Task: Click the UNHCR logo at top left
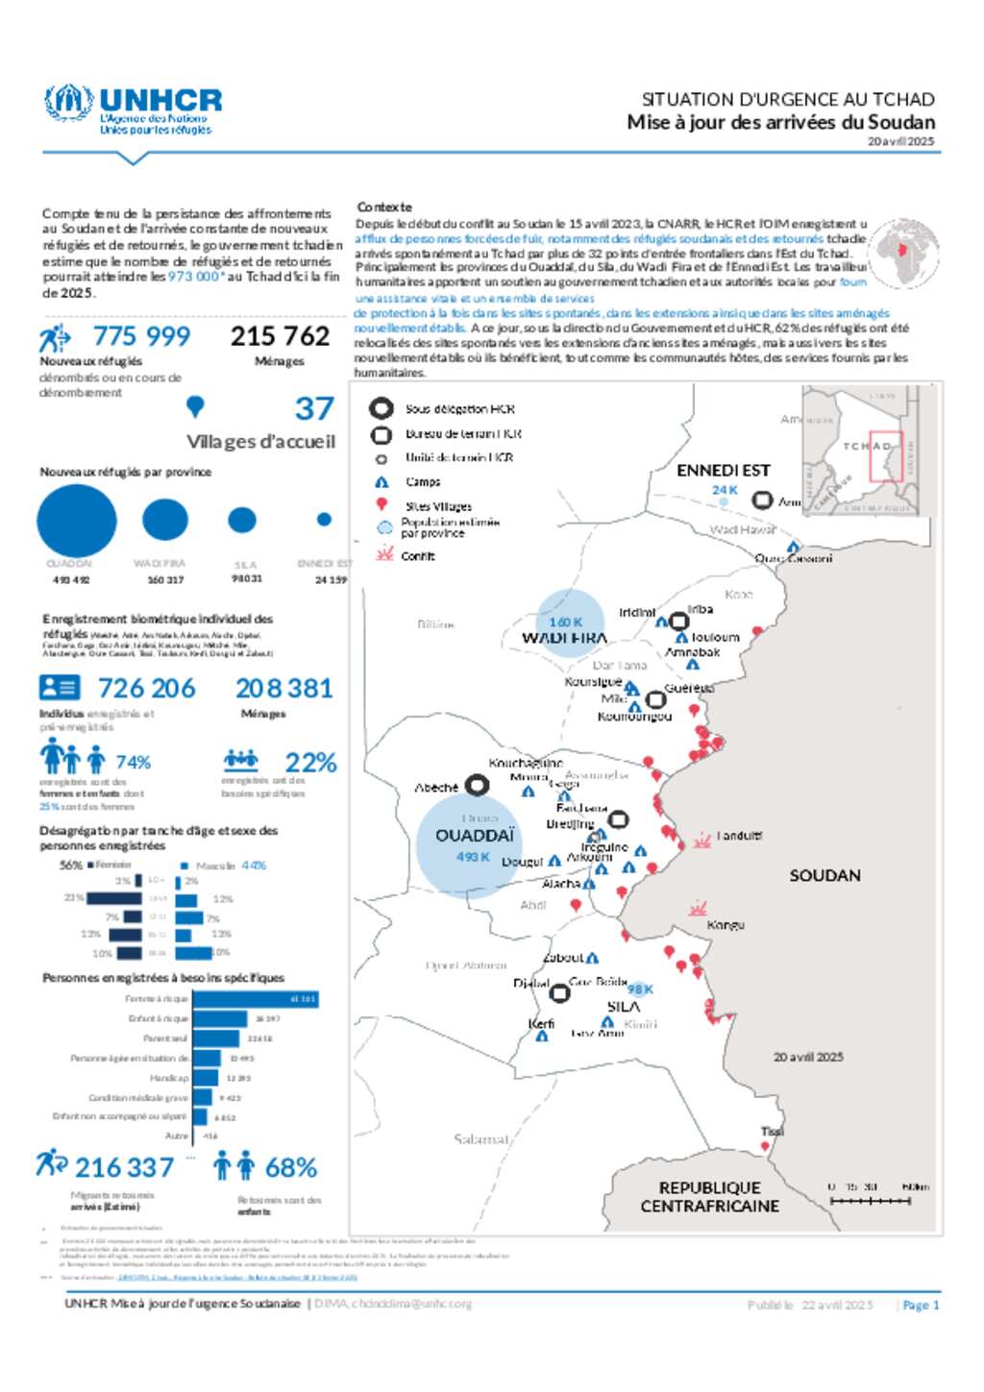(133, 110)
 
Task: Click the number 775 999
(141, 336)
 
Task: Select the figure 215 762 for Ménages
(280, 336)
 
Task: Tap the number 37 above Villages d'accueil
(314, 409)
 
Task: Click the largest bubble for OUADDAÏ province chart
(77, 521)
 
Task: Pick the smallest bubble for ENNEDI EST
(324, 520)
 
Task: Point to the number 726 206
(147, 688)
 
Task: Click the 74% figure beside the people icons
(134, 763)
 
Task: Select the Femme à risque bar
(256, 999)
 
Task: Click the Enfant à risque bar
(221, 1018)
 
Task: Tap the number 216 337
(124, 1168)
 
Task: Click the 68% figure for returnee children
(290, 1168)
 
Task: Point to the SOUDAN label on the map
(824, 875)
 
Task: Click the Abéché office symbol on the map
(477, 786)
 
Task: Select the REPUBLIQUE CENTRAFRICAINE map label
(709, 1197)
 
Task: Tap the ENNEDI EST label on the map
(723, 470)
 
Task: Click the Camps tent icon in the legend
(381, 482)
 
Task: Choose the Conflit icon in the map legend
(384, 554)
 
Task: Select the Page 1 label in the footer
(921, 1305)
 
